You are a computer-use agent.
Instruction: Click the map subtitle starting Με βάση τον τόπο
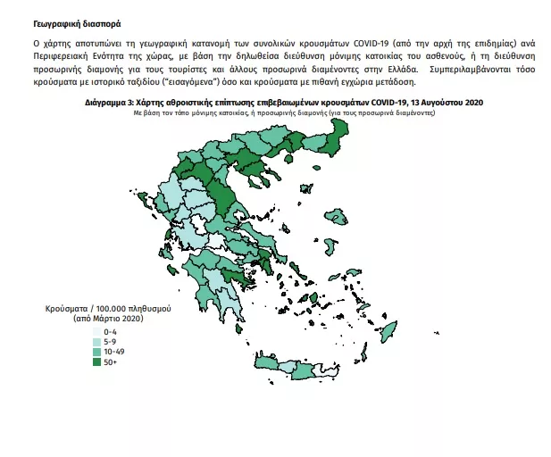pyautogui.click(x=284, y=114)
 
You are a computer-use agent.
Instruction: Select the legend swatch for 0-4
pyautogui.click(x=96, y=331)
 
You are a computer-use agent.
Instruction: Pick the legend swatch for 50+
pyautogui.click(x=96, y=361)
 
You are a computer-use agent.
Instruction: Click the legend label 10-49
pyautogui.click(x=114, y=351)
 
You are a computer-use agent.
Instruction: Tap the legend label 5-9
pyautogui.click(x=112, y=341)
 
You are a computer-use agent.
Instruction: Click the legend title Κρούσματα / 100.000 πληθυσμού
pyautogui.click(x=108, y=308)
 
